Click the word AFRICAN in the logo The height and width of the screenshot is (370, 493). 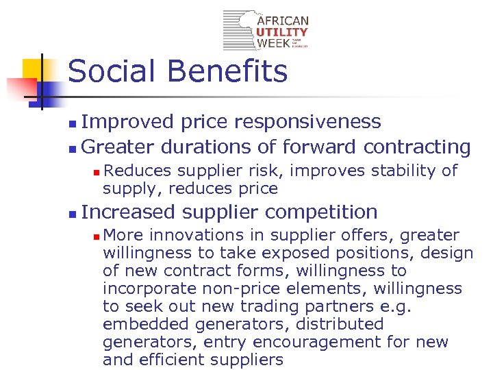[283, 21]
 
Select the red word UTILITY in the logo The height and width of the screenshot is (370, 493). [282, 32]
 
